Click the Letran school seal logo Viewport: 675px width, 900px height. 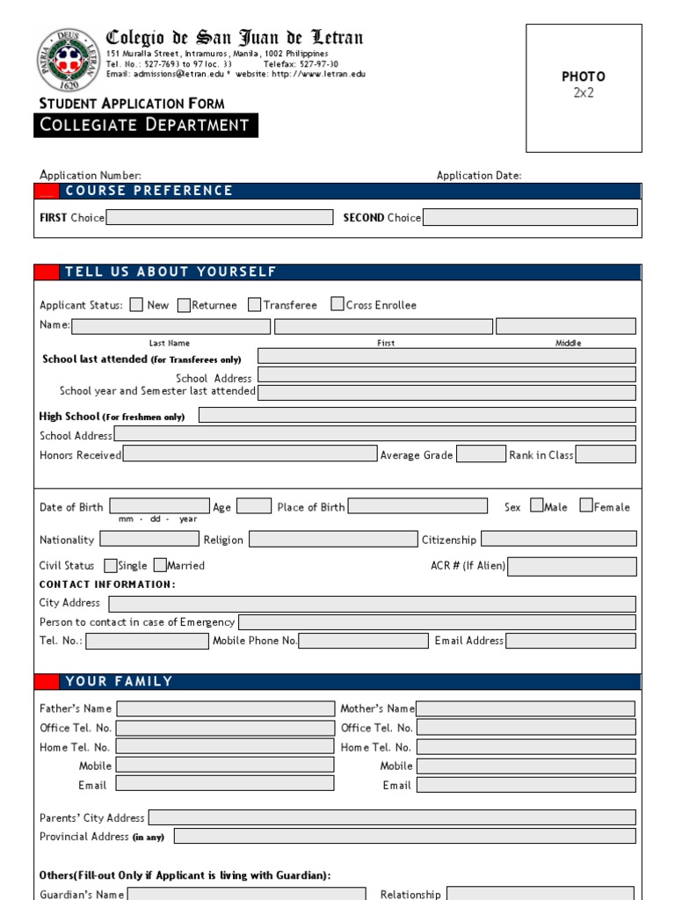(x=69, y=61)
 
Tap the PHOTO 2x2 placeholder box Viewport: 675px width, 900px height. (x=584, y=88)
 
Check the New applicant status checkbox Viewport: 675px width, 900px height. (x=136, y=305)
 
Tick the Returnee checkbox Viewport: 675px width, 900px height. (x=184, y=305)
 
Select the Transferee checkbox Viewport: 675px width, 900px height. (x=255, y=305)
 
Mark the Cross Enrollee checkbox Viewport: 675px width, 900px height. (x=337, y=304)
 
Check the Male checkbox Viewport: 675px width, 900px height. (x=537, y=506)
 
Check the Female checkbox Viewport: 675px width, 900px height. (x=586, y=506)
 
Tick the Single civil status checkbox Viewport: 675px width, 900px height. (x=111, y=566)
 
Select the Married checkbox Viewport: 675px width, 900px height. (x=161, y=566)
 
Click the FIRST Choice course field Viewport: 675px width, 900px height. (x=220, y=217)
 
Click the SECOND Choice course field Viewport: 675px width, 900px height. (x=530, y=217)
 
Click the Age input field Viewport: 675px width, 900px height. (x=254, y=506)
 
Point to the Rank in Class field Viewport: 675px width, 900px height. (x=606, y=454)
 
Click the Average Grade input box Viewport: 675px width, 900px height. (x=481, y=454)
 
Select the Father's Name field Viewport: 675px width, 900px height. (x=225, y=708)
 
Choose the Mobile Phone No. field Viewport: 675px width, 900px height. (x=364, y=641)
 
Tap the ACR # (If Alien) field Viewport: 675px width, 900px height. (x=572, y=566)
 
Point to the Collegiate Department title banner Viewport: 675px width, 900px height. (x=146, y=126)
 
